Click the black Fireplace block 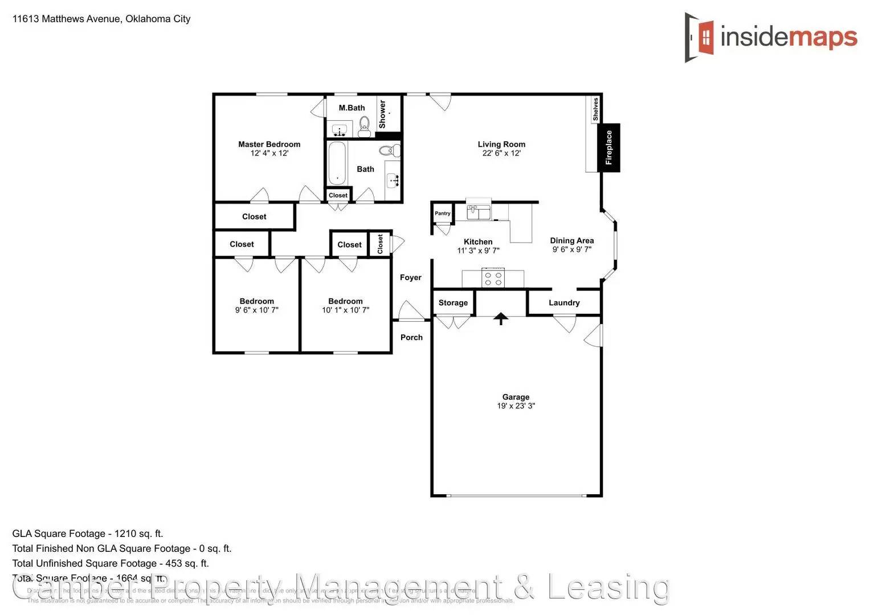608,147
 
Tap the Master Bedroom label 269,144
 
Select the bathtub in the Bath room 337,164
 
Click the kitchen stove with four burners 493,279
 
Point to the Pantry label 442,214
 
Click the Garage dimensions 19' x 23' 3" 516,406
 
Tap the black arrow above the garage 501,319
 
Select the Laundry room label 564,303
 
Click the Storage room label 453,303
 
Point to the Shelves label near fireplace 595,109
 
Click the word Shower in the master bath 382,114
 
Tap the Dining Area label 571,240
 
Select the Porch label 411,337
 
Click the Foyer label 410,277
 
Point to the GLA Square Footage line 88,534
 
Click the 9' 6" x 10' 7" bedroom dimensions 256,310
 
